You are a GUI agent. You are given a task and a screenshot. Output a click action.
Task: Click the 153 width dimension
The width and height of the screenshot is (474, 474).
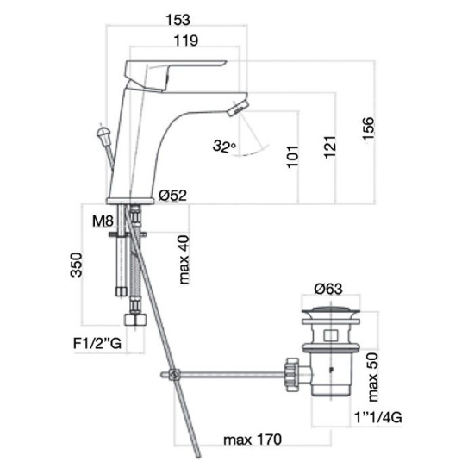coord(178,20)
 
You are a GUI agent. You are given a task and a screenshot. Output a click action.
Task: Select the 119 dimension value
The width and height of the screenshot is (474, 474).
coord(186,41)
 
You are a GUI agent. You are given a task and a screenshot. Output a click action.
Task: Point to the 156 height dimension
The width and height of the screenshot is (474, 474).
coord(368,128)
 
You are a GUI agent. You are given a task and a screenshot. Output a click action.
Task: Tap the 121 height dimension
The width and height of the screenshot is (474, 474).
coord(330,147)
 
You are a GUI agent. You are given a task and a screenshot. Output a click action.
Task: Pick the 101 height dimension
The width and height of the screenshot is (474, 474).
coord(292,157)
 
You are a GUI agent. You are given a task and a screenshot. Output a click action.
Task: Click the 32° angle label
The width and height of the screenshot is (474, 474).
coord(224,146)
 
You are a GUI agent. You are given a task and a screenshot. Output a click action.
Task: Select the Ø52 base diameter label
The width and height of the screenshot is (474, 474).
coord(173,196)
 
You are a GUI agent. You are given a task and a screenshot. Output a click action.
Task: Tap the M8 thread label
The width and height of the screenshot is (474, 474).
coord(103,221)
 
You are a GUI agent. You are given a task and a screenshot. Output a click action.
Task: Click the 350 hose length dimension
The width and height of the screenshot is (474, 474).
coord(76,265)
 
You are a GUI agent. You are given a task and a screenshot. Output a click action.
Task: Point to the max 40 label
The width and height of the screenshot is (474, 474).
coord(184,260)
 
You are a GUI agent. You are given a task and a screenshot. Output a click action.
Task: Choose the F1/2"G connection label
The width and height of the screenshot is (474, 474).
coord(97,343)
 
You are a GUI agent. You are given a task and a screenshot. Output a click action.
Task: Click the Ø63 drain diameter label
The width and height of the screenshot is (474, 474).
coord(328,289)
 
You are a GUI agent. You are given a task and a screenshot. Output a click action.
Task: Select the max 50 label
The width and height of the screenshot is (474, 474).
coord(373,377)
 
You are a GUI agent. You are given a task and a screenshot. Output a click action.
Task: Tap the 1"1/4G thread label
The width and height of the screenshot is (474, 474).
coord(377,417)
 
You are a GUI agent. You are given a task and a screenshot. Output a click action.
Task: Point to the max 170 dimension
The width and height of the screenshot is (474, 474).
coord(253,440)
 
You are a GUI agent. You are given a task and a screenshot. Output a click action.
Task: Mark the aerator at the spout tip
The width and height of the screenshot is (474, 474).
coord(238,107)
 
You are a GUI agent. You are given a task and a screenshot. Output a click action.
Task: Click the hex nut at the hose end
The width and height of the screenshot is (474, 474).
coord(135,319)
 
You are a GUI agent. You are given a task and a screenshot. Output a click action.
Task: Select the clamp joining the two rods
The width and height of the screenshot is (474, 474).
coord(174,375)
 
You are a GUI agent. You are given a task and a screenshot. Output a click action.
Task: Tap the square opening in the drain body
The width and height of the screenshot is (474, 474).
coord(330,335)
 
